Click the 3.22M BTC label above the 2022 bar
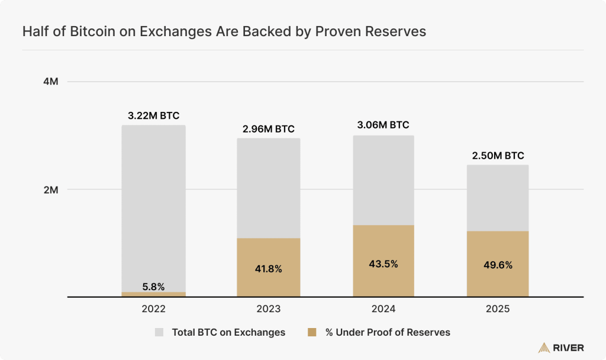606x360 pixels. point(153,115)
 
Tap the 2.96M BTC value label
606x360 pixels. point(269,128)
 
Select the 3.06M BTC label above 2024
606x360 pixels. point(383,125)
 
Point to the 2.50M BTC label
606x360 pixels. point(498,156)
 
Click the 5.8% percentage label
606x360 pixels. point(153,287)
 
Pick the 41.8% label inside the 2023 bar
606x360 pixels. point(269,269)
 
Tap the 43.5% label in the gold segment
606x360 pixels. point(383,263)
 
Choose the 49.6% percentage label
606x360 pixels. point(498,265)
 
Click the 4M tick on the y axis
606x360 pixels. point(51,82)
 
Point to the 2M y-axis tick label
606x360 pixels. point(51,190)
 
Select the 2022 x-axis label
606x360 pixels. point(153,308)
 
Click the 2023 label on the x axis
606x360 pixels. point(269,308)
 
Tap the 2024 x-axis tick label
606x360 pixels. point(383,308)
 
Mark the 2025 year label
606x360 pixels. point(498,308)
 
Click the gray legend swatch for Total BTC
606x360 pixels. point(159,332)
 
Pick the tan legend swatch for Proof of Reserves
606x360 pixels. point(312,332)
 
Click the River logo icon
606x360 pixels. point(544,348)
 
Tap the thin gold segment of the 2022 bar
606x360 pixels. point(153,294)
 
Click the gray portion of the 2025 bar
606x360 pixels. point(498,198)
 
